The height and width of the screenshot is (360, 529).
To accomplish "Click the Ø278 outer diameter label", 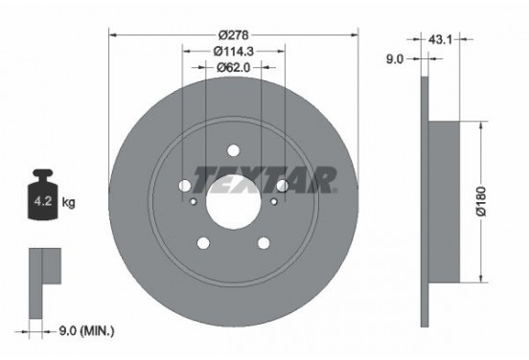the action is (233, 34).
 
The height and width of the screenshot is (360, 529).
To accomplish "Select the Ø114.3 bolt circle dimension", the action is (233, 52).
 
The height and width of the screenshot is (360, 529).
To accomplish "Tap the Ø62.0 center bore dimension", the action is (233, 67).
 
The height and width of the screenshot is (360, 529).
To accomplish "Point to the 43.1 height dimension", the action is (440, 40).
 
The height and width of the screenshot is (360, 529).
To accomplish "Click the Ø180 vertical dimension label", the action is (481, 201).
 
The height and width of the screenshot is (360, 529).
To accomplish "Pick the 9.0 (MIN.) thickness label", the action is (86, 331).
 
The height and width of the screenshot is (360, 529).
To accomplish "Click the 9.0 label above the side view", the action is (395, 59).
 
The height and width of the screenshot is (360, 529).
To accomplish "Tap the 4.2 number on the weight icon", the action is (43, 202).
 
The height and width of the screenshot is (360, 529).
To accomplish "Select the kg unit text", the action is (68, 203).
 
